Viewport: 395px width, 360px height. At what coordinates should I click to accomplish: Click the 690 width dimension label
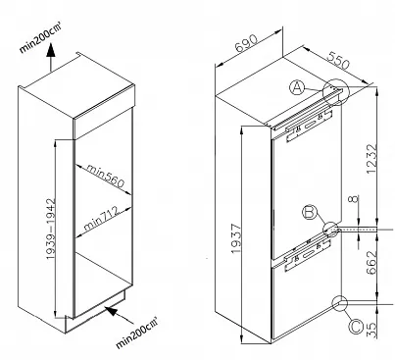tap(246, 43)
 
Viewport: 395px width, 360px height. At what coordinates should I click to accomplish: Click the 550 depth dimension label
tap(338, 60)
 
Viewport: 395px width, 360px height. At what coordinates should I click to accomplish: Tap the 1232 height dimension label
tap(371, 159)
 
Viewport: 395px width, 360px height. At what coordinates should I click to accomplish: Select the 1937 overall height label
tap(236, 238)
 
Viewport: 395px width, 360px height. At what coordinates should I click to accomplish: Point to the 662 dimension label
tap(371, 263)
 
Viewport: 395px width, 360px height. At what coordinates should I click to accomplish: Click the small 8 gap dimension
tap(355, 199)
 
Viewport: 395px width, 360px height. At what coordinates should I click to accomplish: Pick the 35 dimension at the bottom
tap(371, 331)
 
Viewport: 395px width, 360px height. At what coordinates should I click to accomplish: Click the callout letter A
tap(297, 88)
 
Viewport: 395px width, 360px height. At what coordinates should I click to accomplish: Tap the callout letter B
tap(309, 213)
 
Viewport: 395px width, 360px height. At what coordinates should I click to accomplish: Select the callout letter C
tap(356, 327)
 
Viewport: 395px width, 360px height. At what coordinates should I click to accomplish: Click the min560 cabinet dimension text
tap(105, 176)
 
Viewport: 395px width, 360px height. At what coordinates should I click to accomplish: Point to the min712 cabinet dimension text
tap(101, 219)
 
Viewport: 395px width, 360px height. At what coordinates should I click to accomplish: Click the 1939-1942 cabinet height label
tap(51, 229)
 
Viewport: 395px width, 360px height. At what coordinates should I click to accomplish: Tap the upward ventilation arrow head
tap(50, 50)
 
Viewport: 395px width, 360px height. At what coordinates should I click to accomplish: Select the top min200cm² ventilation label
tap(40, 38)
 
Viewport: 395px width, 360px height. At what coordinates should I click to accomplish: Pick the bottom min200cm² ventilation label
tap(137, 333)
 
